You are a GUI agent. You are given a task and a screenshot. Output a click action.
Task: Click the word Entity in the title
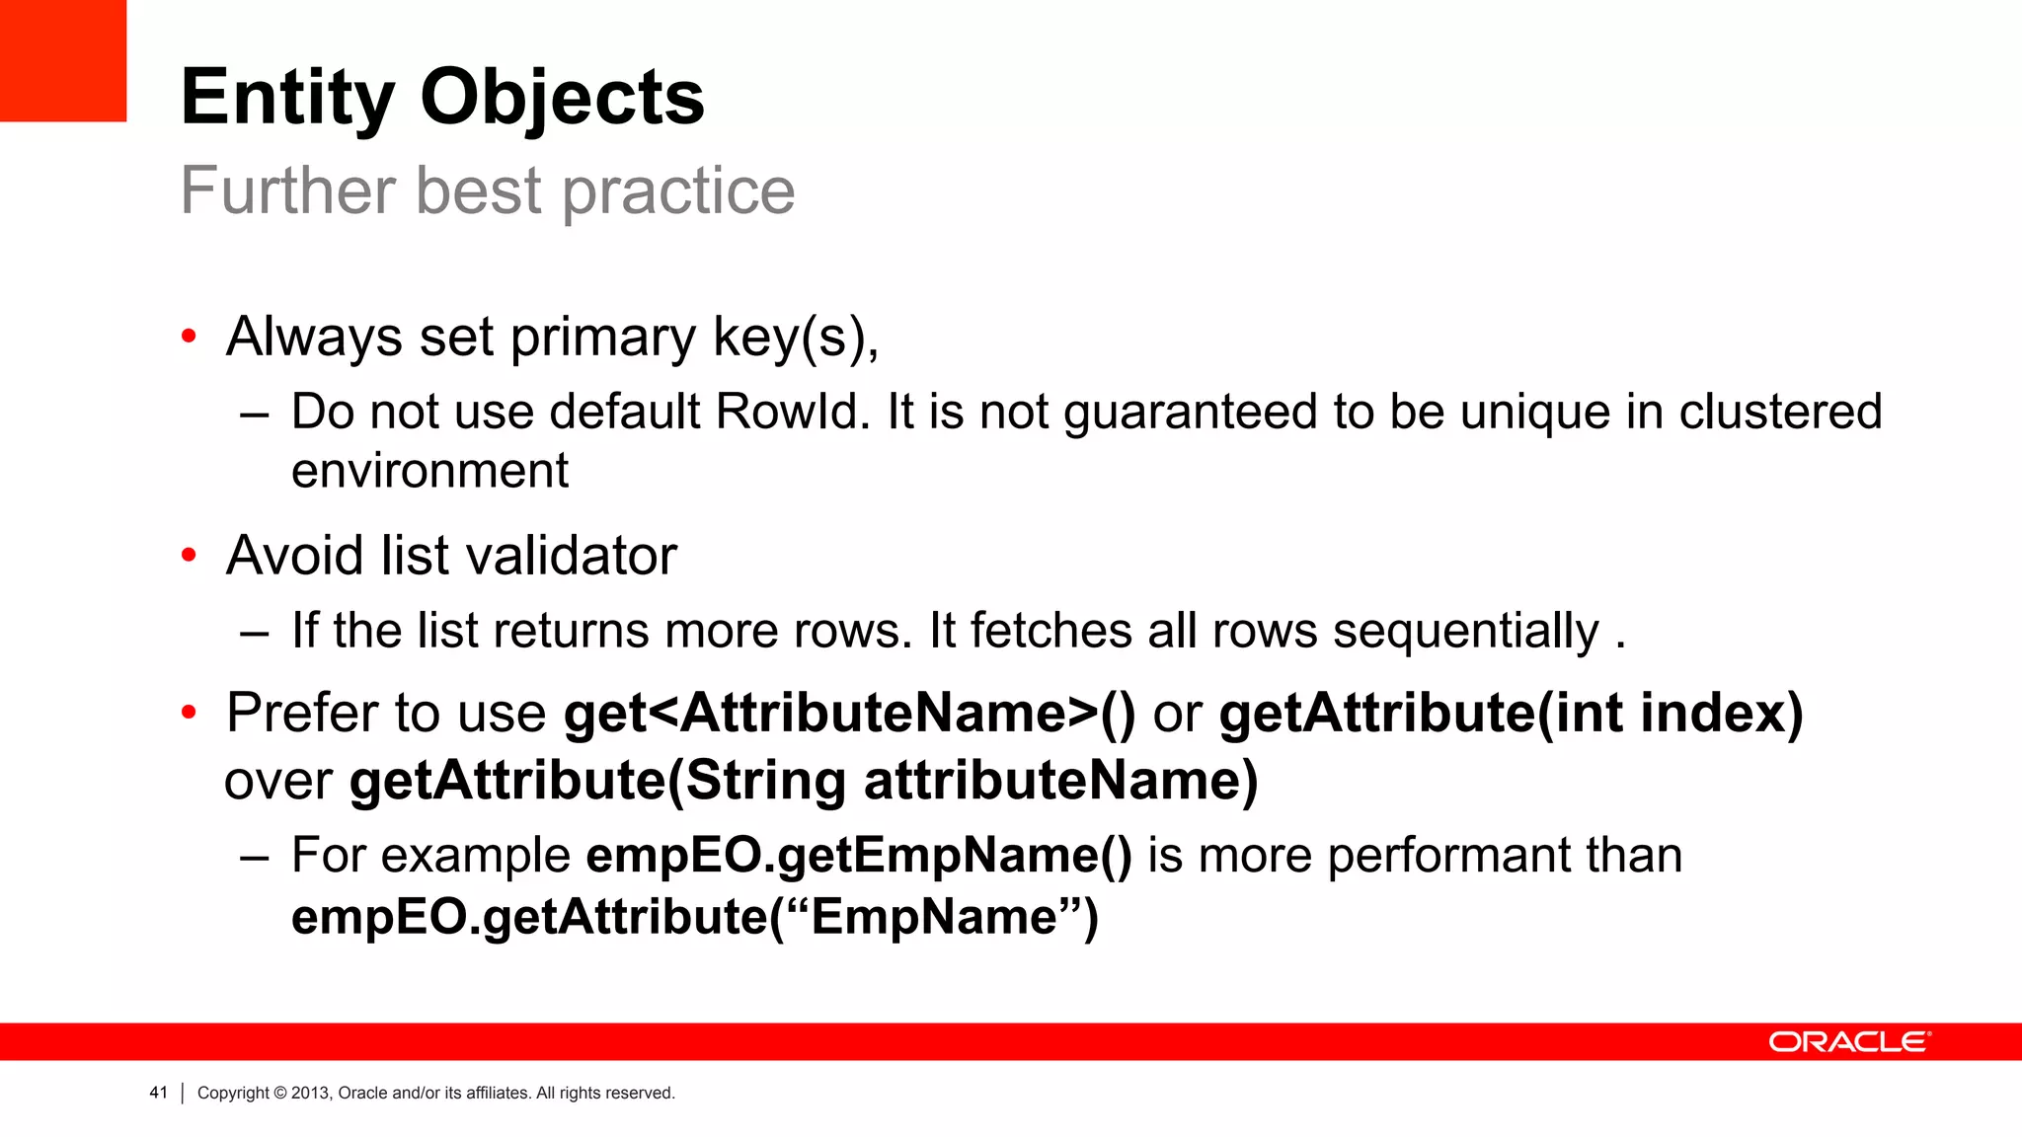click(x=287, y=99)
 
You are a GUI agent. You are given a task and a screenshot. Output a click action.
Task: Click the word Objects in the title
click(x=562, y=99)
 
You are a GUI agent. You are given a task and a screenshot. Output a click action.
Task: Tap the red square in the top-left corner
click(x=62, y=60)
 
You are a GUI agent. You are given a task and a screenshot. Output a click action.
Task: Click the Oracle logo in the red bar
click(x=1849, y=1042)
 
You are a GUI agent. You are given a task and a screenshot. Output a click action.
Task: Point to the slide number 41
click(x=158, y=1093)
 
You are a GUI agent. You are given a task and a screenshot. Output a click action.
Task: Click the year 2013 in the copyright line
click(x=310, y=1093)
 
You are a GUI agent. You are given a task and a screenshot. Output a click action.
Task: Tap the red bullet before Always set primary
click(x=190, y=338)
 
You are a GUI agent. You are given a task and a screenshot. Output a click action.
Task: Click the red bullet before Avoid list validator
click(x=190, y=556)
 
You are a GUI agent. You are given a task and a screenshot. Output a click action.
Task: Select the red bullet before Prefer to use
click(x=190, y=713)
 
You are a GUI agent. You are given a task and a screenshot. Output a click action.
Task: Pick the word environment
click(x=429, y=471)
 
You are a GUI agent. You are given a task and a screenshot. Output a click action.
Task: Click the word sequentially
click(x=1465, y=631)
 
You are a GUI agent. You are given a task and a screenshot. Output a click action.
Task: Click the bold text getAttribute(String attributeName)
click(x=804, y=781)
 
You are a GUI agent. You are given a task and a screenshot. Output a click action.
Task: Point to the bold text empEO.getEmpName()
click(x=859, y=855)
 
